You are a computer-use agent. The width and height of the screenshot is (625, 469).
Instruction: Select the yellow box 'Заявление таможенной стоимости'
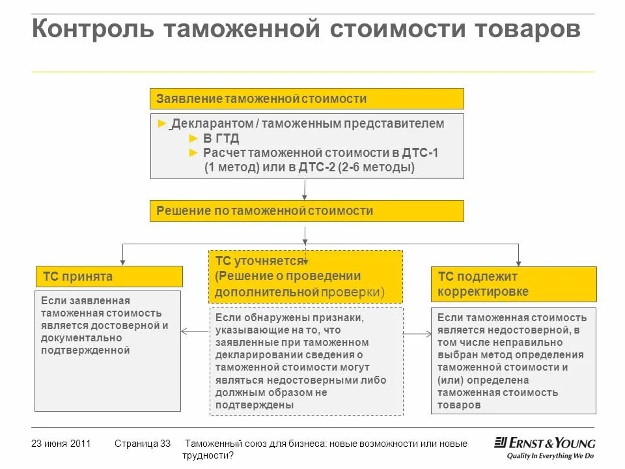tap(307, 99)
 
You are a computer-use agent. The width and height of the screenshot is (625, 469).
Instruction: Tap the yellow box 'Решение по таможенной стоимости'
tap(307, 211)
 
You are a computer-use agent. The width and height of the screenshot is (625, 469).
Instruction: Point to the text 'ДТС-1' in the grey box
tap(420, 153)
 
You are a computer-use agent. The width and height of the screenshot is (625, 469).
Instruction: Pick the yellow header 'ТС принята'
tap(109, 277)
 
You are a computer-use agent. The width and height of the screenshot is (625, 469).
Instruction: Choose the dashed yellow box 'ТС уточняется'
tap(305, 277)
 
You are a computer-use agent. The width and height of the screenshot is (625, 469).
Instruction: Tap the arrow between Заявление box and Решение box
tap(304, 189)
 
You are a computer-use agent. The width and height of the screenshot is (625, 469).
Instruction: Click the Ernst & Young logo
tap(545, 443)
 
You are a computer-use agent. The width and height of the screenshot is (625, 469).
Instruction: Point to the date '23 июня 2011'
tap(61, 444)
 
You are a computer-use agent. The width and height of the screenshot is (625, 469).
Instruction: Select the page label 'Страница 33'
tap(142, 444)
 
